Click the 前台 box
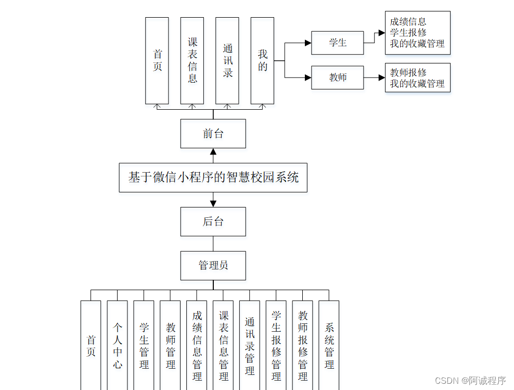(x=213, y=134)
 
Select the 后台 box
(x=213, y=222)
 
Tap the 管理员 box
(x=213, y=265)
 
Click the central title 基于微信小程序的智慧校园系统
(x=213, y=177)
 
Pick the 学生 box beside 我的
(x=337, y=43)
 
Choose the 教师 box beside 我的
(x=337, y=77)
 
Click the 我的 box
(x=262, y=60)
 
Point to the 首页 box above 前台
(x=157, y=60)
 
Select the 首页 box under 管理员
(x=91, y=346)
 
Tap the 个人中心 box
(x=118, y=346)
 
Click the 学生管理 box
(x=144, y=346)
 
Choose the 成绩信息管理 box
(x=197, y=346)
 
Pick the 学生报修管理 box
(x=276, y=346)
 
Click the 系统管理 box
(x=329, y=346)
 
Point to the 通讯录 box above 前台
(x=227, y=60)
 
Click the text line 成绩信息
(x=408, y=22)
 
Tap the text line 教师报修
(x=408, y=73)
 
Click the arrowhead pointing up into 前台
(x=213, y=152)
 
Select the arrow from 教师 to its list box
(x=374, y=77)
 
